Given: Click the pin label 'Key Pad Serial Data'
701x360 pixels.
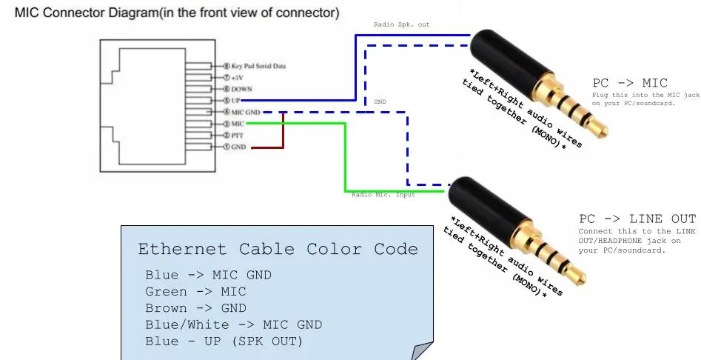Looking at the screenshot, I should pos(258,67).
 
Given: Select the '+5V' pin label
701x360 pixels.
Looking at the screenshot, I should pos(237,78).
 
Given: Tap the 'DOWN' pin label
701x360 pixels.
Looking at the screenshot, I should pos(242,89).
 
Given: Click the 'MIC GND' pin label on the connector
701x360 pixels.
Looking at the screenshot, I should pos(247,112).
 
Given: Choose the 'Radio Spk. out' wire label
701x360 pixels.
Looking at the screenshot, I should pos(401,24).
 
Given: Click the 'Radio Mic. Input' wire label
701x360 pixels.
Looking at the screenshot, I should pos(383,194).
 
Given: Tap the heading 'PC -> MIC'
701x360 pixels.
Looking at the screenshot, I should pos(630,83).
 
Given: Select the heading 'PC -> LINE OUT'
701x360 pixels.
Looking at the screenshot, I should pos(637,219).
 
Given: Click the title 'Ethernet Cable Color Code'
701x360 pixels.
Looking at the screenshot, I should pos(278,249).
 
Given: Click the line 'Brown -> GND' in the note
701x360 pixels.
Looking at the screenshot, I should pos(195,308).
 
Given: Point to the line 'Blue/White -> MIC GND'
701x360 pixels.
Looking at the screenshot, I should pos(233,324).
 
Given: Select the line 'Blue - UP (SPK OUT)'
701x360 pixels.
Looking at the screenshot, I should pos(224,341).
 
